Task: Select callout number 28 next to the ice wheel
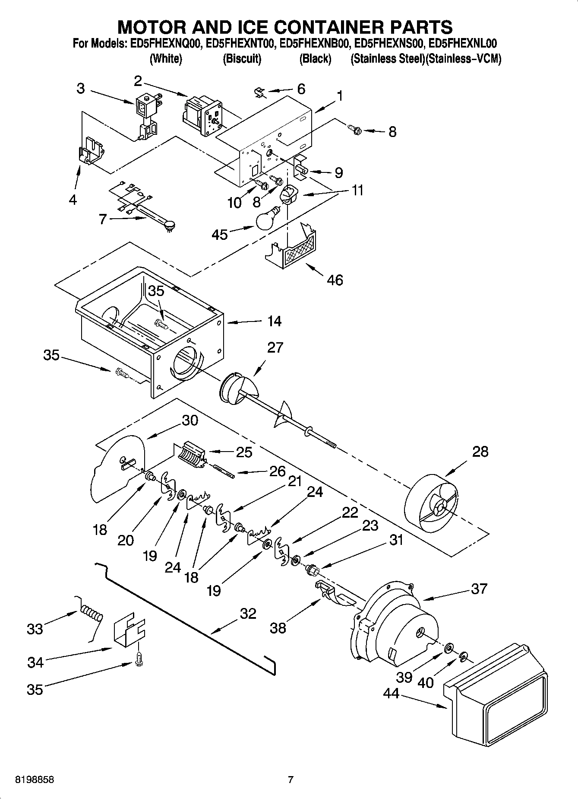tap(480, 452)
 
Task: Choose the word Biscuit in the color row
tap(242, 59)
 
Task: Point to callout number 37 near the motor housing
tap(479, 589)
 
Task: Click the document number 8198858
tap(35, 780)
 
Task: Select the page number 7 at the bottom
tap(291, 780)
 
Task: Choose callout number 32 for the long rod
tap(248, 613)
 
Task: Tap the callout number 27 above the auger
tap(275, 347)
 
